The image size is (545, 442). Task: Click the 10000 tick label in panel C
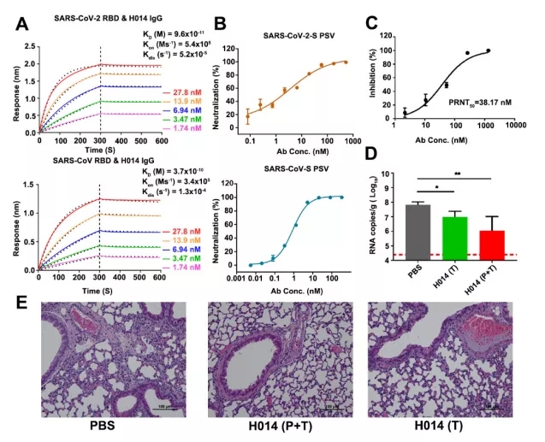point(520,124)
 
